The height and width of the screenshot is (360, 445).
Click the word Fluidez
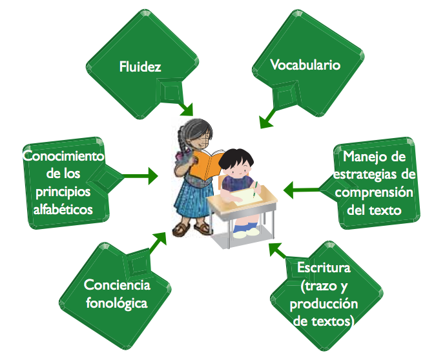pos(140,66)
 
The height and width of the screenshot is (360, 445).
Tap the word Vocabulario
pos(305,65)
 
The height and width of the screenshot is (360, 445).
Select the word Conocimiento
pos(63,156)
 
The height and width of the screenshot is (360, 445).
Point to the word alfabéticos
pos(63,210)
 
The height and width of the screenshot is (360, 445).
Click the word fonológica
pos(117,303)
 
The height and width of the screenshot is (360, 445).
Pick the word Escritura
pos(324,268)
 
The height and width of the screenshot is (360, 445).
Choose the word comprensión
pos(374,193)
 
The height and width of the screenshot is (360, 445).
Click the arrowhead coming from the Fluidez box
pos(187,110)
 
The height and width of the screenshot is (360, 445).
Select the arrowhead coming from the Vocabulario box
pos(265,122)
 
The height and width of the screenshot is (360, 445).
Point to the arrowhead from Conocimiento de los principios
pos(153,175)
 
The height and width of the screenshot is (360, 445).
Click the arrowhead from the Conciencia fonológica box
pos(160,239)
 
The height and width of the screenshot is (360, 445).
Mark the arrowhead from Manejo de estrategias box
pos(288,190)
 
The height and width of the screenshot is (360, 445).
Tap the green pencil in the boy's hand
pos(255,189)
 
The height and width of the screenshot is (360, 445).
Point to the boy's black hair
pos(236,158)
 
